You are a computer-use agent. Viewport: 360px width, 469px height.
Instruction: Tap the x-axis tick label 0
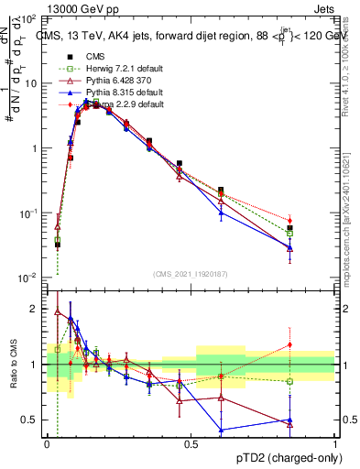pos(47,443)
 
